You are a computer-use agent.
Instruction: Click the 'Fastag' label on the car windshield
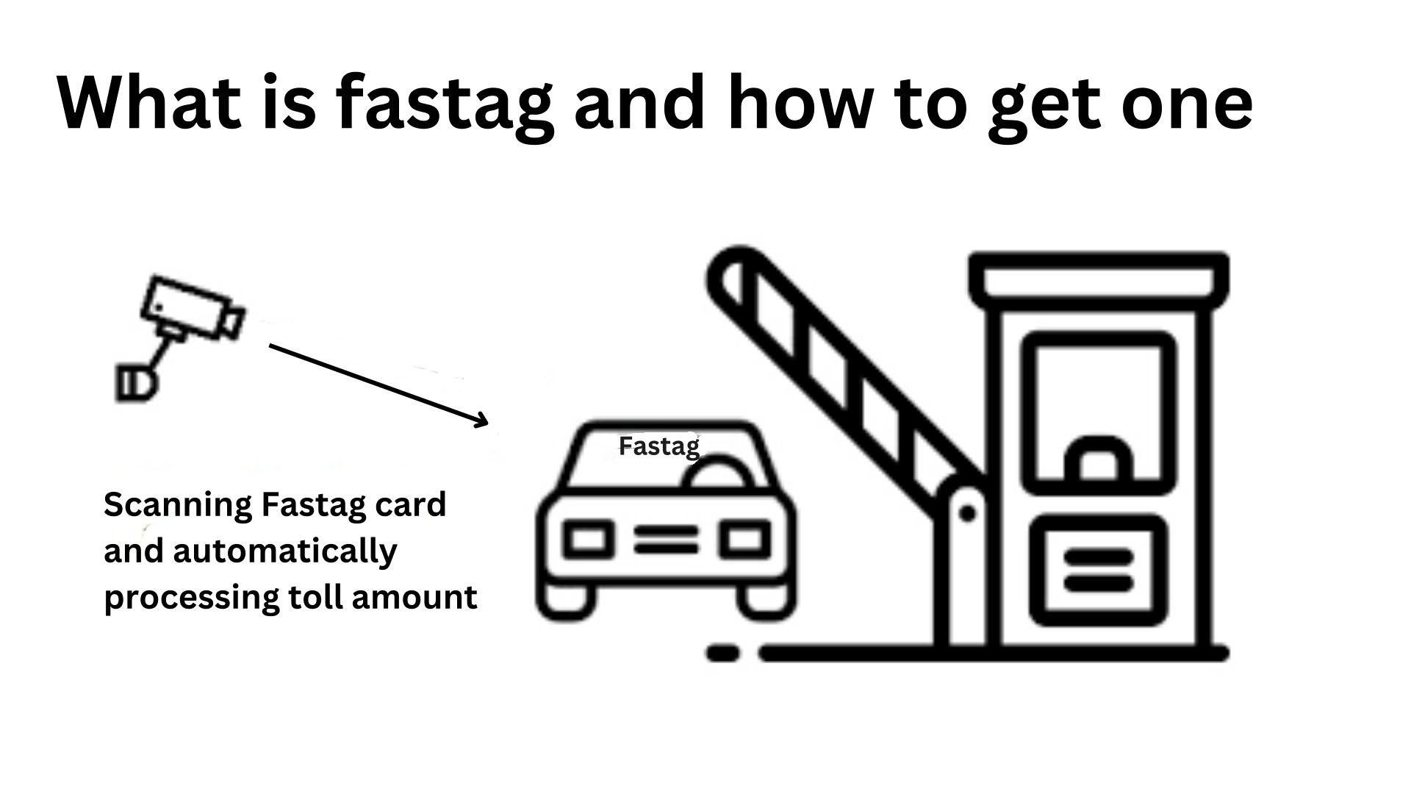click(x=658, y=446)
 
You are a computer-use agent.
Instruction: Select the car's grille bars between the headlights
click(x=666, y=540)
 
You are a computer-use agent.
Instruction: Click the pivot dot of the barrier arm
click(x=967, y=513)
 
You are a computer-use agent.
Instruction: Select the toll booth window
click(x=1099, y=412)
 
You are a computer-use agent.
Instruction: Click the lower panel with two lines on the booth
click(x=1098, y=570)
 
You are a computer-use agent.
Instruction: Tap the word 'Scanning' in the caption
click(x=178, y=506)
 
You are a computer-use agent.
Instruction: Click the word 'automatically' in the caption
click(x=285, y=551)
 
